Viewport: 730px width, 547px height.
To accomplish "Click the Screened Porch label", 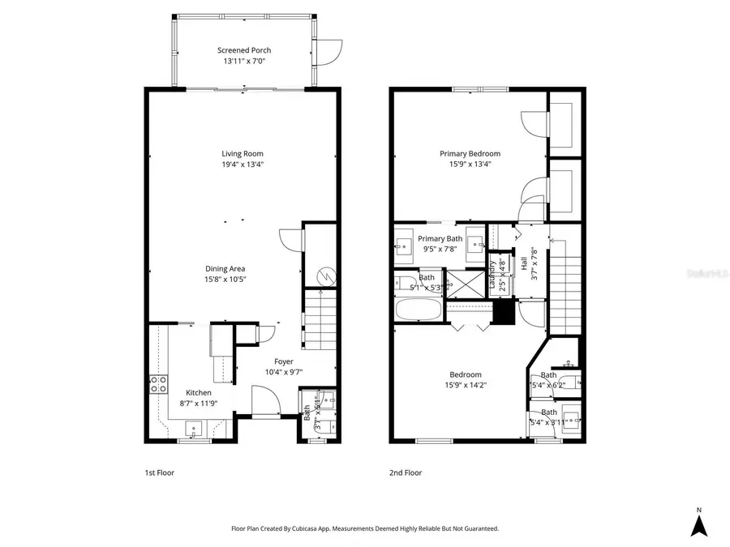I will [243, 50].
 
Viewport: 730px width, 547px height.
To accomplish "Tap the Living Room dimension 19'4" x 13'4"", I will [243, 164].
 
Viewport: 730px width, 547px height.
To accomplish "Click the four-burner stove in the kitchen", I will [157, 385].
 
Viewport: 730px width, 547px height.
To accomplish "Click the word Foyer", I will [283, 361].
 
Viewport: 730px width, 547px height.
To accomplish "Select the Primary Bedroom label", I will [470, 153].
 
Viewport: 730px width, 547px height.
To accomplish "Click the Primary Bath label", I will [440, 238].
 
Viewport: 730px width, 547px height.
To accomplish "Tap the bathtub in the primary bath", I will [419, 310].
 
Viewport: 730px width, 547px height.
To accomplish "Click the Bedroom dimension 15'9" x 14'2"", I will [466, 385].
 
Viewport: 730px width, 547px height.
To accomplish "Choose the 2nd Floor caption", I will [405, 472].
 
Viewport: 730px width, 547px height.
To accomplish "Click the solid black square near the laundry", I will [504, 313].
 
